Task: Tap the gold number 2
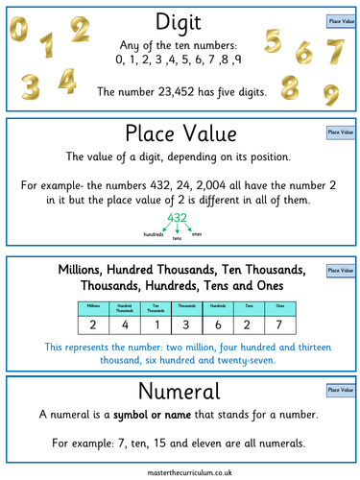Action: click(78, 30)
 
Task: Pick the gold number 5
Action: click(274, 41)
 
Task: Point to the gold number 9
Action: click(330, 95)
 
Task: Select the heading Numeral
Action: click(180, 391)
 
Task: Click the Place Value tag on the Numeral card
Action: click(337, 390)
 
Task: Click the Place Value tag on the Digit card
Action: click(337, 19)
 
